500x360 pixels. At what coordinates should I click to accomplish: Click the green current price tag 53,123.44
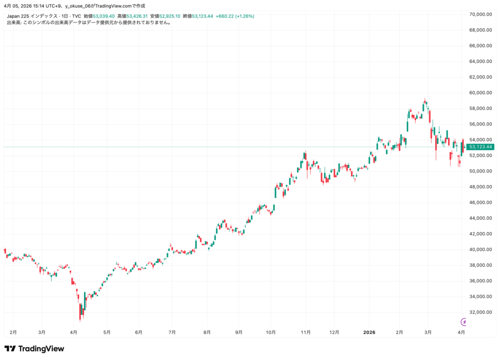[x=480, y=147]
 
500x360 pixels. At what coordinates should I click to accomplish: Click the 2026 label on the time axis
[x=370, y=332]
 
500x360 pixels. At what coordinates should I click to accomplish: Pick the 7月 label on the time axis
[x=171, y=332]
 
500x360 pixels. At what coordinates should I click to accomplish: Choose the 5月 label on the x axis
[x=106, y=332]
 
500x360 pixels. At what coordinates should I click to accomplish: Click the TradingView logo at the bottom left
[x=34, y=349]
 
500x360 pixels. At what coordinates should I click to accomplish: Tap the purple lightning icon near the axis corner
[x=464, y=321]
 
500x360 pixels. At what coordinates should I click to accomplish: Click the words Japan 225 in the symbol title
[x=18, y=16]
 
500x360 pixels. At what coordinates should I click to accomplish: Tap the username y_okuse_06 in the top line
[x=78, y=6]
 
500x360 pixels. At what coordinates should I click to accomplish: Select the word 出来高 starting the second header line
[x=13, y=22]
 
